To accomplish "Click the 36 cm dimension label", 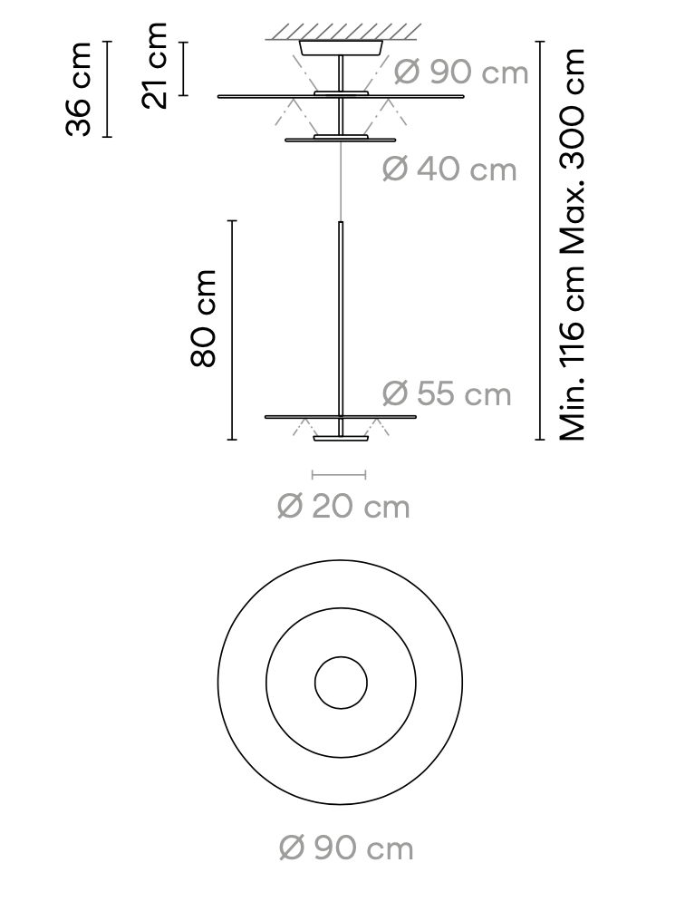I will [80, 89].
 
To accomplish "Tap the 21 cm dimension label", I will [155, 67].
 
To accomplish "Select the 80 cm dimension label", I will [204, 318].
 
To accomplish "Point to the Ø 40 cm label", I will [449, 169].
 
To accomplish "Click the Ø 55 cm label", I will [447, 393].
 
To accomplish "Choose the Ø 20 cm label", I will [343, 507].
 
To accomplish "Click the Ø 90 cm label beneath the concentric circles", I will [346, 848].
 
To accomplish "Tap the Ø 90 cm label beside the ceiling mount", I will [461, 73].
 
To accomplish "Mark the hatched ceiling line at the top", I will [343, 33].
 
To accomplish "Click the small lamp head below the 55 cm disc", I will [342, 440].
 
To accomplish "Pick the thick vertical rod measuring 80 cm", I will [342, 317].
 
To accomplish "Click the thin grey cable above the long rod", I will [342, 181].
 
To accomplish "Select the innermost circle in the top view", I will [341, 683].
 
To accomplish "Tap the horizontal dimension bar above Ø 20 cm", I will [339, 474].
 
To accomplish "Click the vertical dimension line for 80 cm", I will [232, 330].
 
